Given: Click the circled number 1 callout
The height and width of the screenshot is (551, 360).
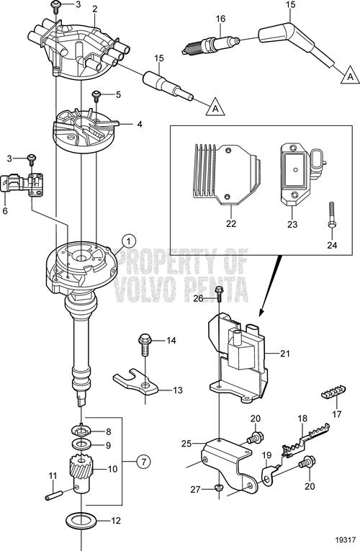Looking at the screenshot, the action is click(x=129, y=241).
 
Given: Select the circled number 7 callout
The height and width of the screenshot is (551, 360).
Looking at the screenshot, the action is click(x=143, y=461).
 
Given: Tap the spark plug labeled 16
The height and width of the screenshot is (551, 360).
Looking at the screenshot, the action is click(x=211, y=45).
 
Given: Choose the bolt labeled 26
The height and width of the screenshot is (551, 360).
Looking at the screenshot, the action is click(x=219, y=294).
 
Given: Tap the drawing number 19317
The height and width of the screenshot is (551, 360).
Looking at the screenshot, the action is click(x=347, y=539).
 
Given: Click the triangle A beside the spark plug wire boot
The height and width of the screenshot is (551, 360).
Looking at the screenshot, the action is click(x=350, y=76).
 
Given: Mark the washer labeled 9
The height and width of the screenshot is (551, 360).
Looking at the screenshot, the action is click(x=81, y=445).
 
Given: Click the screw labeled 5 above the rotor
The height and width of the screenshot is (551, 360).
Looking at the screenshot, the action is click(x=96, y=95).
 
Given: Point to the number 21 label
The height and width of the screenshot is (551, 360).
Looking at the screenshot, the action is click(x=285, y=353).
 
